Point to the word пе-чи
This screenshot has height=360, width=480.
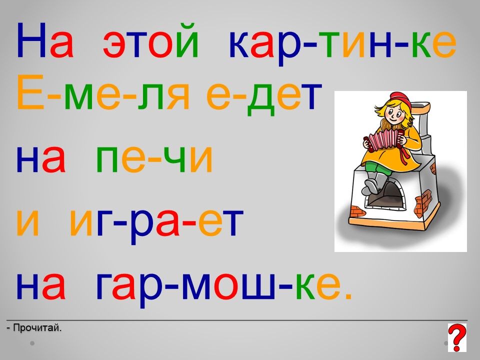154,159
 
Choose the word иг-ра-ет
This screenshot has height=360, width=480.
156,224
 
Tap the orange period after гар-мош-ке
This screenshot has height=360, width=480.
348,296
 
